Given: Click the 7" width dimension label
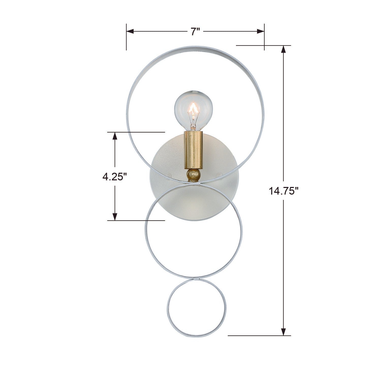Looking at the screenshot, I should (x=195, y=31).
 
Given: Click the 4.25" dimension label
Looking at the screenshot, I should (x=115, y=176).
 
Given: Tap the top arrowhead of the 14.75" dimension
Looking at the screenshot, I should (x=283, y=49).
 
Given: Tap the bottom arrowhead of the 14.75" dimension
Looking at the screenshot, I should (x=283, y=332).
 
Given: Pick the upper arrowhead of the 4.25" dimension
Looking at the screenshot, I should (x=115, y=136).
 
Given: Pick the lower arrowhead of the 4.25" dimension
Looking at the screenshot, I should (x=115, y=217).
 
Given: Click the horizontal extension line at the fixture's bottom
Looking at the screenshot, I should (x=259, y=336).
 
